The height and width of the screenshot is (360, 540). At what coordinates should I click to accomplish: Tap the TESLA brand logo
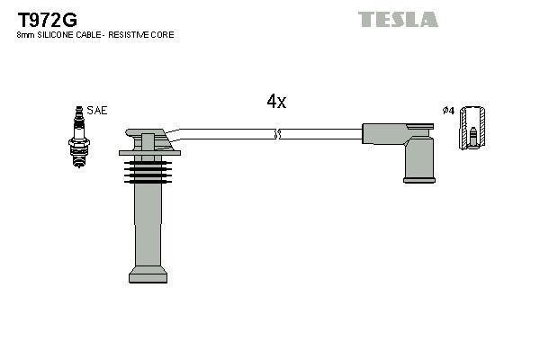point(398,19)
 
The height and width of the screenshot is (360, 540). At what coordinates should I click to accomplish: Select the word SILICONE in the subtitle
point(58,35)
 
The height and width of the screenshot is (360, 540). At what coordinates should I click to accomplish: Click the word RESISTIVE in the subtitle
point(132,35)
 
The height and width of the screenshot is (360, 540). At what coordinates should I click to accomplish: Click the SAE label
point(98,111)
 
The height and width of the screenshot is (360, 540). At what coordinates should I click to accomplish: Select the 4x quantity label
point(276,102)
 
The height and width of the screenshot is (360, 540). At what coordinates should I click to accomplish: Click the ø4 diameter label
point(448,111)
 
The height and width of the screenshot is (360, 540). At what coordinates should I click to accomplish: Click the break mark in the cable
point(277,134)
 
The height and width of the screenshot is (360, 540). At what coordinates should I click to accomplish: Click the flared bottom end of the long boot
point(146,274)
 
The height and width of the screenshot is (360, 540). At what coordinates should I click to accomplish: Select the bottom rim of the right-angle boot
point(419,180)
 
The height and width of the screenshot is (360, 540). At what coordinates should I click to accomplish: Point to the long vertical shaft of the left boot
point(146,225)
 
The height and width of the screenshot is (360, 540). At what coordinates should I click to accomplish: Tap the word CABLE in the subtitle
point(94,35)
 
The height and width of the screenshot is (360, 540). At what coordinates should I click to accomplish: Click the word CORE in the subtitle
point(163,35)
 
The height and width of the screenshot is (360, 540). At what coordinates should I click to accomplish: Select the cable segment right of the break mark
point(319,134)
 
